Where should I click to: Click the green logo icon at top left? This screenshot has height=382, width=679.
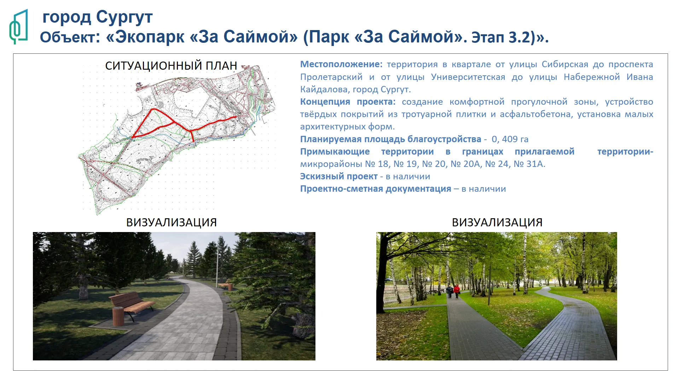[19, 27]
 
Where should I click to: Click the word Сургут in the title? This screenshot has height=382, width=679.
[124, 17]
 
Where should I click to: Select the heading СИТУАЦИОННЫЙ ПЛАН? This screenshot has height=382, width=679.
[171, 66]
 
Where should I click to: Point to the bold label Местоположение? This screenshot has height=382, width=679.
[341, 64]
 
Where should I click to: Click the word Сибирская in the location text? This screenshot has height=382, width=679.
[565, 64]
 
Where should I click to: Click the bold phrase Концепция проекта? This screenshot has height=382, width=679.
[348, 102]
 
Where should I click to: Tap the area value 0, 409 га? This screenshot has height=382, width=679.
[510, 139]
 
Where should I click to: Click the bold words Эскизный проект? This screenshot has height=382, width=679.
[339, 176]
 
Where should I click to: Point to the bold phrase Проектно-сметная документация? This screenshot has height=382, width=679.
[376, 189]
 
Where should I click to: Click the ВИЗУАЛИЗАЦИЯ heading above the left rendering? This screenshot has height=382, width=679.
[172, 222]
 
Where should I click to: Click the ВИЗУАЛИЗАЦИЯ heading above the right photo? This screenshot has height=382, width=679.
[497, 222]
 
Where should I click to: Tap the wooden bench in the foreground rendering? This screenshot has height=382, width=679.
[132, 306]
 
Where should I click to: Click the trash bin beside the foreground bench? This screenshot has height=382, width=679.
[118, 316]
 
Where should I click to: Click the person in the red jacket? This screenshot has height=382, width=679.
[456, 291]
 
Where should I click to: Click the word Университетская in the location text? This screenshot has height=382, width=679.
[468, 77]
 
